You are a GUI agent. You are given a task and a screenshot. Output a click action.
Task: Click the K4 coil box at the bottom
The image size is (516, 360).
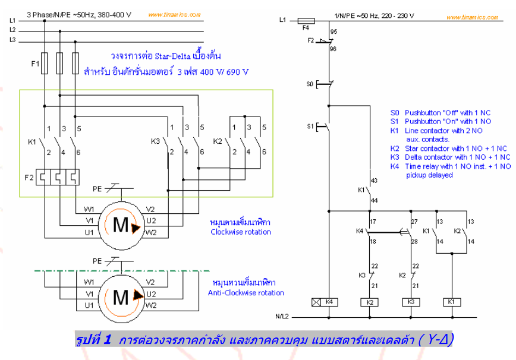point(323,302)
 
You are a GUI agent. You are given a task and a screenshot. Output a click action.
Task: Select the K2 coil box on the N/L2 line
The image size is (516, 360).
point(369,302)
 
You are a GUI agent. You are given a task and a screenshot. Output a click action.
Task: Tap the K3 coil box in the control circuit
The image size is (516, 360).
point(411,302)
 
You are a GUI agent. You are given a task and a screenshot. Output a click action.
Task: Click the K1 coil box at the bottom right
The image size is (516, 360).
point(451,302)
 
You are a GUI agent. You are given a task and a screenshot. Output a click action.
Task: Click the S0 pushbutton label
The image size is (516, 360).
point(309,84)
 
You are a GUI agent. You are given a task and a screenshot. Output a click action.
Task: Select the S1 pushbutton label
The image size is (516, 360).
point(309,126)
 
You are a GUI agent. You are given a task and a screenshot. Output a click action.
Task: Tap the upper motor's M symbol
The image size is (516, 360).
point(121,225)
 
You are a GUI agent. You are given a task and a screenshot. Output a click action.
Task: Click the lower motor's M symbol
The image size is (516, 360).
point(121,295)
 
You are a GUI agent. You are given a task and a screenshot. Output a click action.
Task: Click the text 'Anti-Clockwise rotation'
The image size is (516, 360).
point(246,293)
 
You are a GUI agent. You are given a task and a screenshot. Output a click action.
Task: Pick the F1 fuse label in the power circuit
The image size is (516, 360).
point(34,62)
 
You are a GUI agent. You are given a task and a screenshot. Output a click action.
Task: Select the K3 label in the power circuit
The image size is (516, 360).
point(155,141)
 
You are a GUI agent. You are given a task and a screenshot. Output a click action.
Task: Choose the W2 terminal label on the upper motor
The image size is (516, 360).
point(151,232)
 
